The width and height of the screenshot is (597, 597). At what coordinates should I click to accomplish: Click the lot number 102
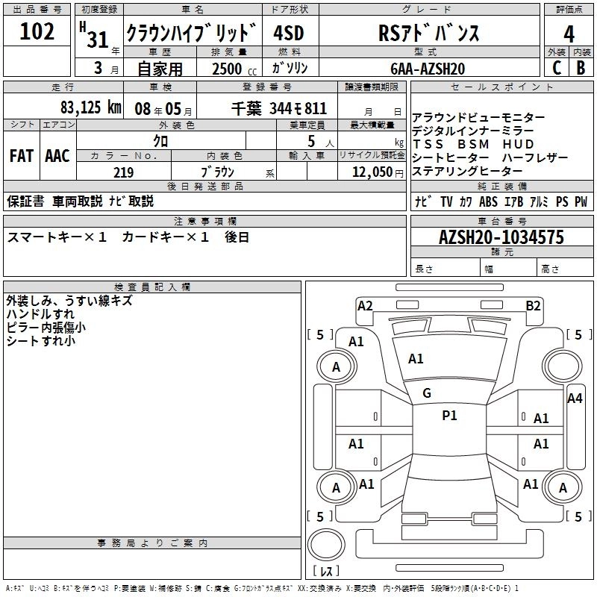point(37,31)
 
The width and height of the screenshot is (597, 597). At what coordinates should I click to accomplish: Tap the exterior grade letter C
point(556,67)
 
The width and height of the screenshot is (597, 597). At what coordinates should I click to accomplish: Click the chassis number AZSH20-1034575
point(501,237)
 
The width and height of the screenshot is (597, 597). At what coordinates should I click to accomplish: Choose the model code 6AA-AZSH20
point(427,68)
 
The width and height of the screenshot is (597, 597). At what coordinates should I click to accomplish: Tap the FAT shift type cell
point(21,156)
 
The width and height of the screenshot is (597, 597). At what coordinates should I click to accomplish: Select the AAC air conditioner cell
point(57,156)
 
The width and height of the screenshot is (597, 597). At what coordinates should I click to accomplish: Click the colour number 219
point(123,172)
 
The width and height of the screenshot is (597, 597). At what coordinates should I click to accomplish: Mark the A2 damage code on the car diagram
point(365,305)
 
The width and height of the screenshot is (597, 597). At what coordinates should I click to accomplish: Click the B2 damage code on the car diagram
point(533,305)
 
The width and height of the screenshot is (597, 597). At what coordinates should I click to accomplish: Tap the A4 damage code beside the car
point(575,398)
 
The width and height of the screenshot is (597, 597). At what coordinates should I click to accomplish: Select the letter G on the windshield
point(427,393)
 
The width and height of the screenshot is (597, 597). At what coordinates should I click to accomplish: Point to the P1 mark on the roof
point(449,416)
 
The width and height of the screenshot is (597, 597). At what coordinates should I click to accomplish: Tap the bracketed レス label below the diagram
point(326,572)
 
